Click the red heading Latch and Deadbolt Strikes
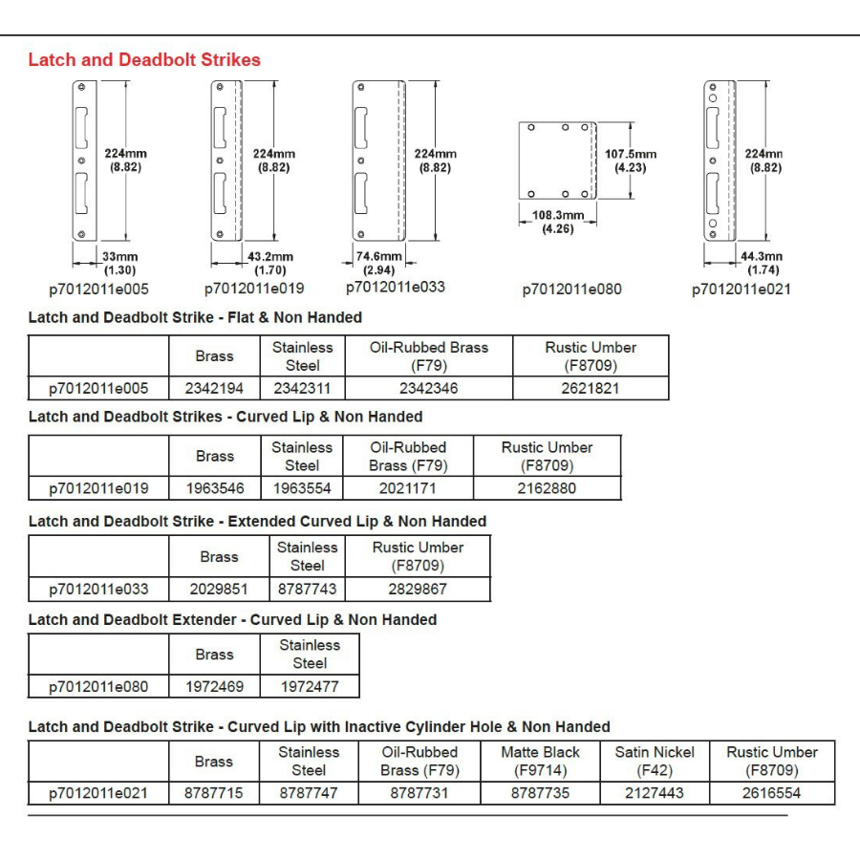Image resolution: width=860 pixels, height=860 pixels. [x=144, y=60]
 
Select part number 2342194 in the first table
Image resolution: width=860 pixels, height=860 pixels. [x=214, y=388]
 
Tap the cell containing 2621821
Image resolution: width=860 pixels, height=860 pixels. [x=590, y=388]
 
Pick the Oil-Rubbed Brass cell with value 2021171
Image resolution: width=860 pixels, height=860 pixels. [x=408, y=488]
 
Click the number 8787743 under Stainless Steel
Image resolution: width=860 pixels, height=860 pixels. [x=307, y=590]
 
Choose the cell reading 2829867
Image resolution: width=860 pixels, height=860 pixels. [x=418, y=590]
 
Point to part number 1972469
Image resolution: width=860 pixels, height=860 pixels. [x=214, y=686]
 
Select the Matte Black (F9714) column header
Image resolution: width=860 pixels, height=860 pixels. [x=540, y=761]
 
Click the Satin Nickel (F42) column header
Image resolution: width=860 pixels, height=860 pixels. [x=655, y=761]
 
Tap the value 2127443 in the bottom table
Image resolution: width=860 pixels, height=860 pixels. [x=655, y=793]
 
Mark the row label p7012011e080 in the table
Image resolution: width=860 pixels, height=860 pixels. [x=98, y=686]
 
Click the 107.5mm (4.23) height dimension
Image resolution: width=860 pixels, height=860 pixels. [x=631, y=161]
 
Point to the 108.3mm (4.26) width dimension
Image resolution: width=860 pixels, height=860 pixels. [x=558, y=222]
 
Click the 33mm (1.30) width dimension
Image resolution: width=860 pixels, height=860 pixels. [x=120, y=263]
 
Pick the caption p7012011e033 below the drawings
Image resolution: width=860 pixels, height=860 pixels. [x=395, y=287]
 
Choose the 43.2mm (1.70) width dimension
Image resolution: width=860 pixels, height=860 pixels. [x=270, y=263]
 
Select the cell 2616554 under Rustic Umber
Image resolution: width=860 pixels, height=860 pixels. [x=771, y=793]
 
